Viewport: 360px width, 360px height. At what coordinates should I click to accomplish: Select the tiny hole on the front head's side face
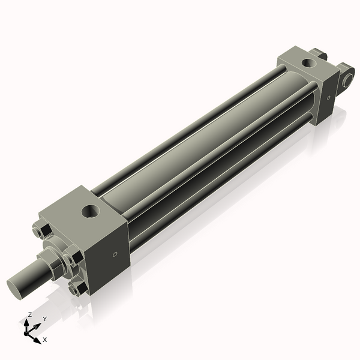pos(115,254)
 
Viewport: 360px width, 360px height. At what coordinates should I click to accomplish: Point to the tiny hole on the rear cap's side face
pos(328,99)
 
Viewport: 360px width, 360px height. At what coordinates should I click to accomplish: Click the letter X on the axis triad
pos(45,340)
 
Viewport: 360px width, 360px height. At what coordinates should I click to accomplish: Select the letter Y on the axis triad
pos(44,319)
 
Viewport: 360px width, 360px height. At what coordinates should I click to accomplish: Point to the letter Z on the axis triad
pos(29,315)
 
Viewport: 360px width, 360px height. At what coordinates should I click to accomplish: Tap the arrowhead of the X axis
pos(37,340)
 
